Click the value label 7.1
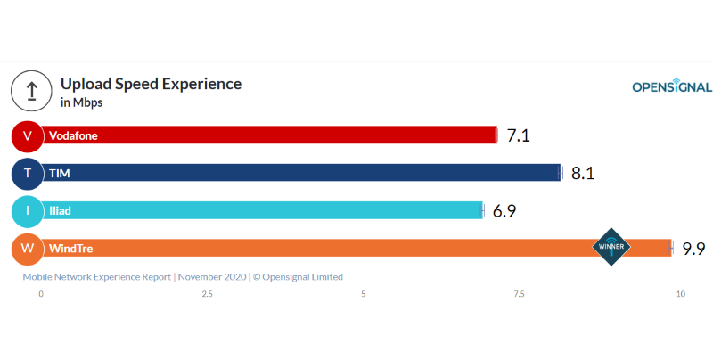click(x=519, y=135)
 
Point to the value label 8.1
click(x=583, y=173)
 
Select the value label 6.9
click(x=504, y=211)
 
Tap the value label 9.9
click(x=694, y=249)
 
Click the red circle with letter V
click(x=28, y=135)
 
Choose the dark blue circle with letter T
click(x=28, y=173)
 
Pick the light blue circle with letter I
click(x=28, y=211)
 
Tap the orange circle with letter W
click(x=28, y=249)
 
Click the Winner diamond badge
click(x=611, y=247)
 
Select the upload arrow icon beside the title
click(x=31, y=91)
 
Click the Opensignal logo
click(x=671, y=86)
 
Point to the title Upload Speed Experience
click(x=151, y=84)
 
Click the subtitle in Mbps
click(x=81, y=102)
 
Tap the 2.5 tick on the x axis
click(x=207, y=294)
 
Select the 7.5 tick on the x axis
click(x=519, y=294)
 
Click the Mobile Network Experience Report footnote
click(x=183, y=277)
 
